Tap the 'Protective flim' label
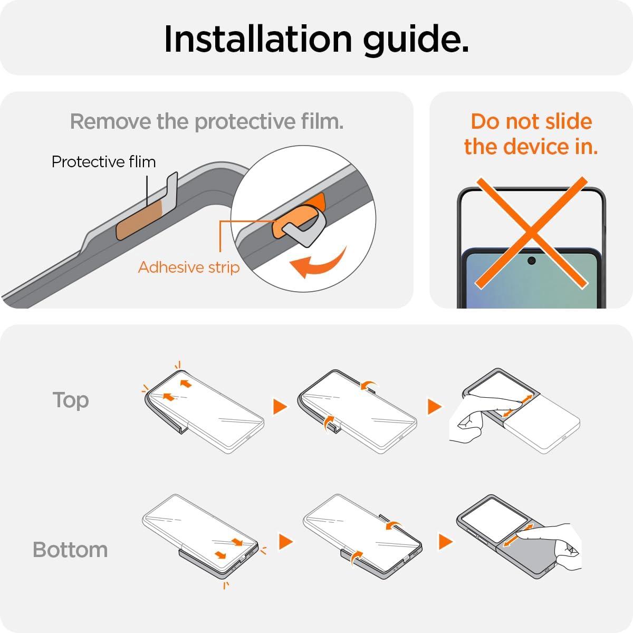tap(103, 161)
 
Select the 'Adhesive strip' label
tap(188, 267)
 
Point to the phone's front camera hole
tap(532, 261)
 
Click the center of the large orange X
tap(531, 233)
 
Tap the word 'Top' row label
tap(71, 400)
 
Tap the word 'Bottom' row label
tap(70, 550)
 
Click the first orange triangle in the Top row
tap(280, 407)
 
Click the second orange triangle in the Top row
tap(434, 407)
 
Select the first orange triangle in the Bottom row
tap(285, 542)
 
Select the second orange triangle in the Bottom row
tap(445, 542)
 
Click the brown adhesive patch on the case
tap(139, 220)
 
